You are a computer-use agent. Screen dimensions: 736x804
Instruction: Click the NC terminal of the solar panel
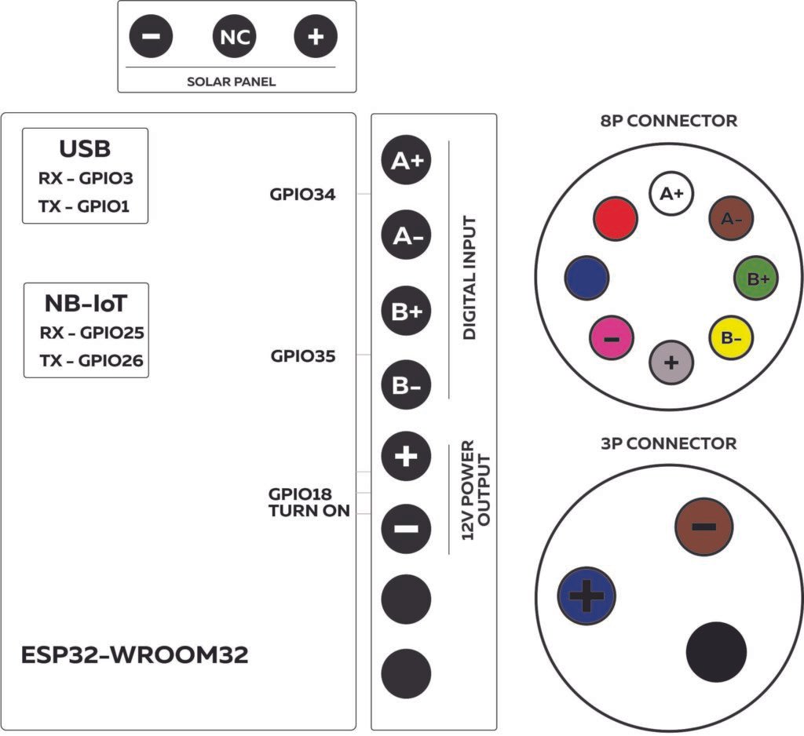tap(236, 37)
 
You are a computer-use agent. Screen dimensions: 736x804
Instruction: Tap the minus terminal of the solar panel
tap(152, 37)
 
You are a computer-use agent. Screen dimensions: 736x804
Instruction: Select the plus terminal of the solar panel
tap(315, 37)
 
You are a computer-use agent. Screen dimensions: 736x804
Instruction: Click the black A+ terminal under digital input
tap(406, 162)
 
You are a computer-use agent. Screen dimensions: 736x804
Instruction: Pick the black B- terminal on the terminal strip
tap(406, 385)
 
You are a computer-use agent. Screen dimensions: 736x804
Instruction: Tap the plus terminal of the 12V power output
tap(406, 457)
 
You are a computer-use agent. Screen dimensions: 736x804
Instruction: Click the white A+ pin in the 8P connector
tap(671, 193)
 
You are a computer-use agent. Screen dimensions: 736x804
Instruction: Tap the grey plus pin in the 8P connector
tap(672, 363)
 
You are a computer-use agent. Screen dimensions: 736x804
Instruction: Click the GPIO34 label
tap(303, 194)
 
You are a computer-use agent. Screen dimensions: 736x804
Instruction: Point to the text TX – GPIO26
tap(91, 360)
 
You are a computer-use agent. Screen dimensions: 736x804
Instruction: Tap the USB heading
tap(85, 149)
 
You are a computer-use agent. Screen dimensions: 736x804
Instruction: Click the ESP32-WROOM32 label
tap(135, 655)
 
